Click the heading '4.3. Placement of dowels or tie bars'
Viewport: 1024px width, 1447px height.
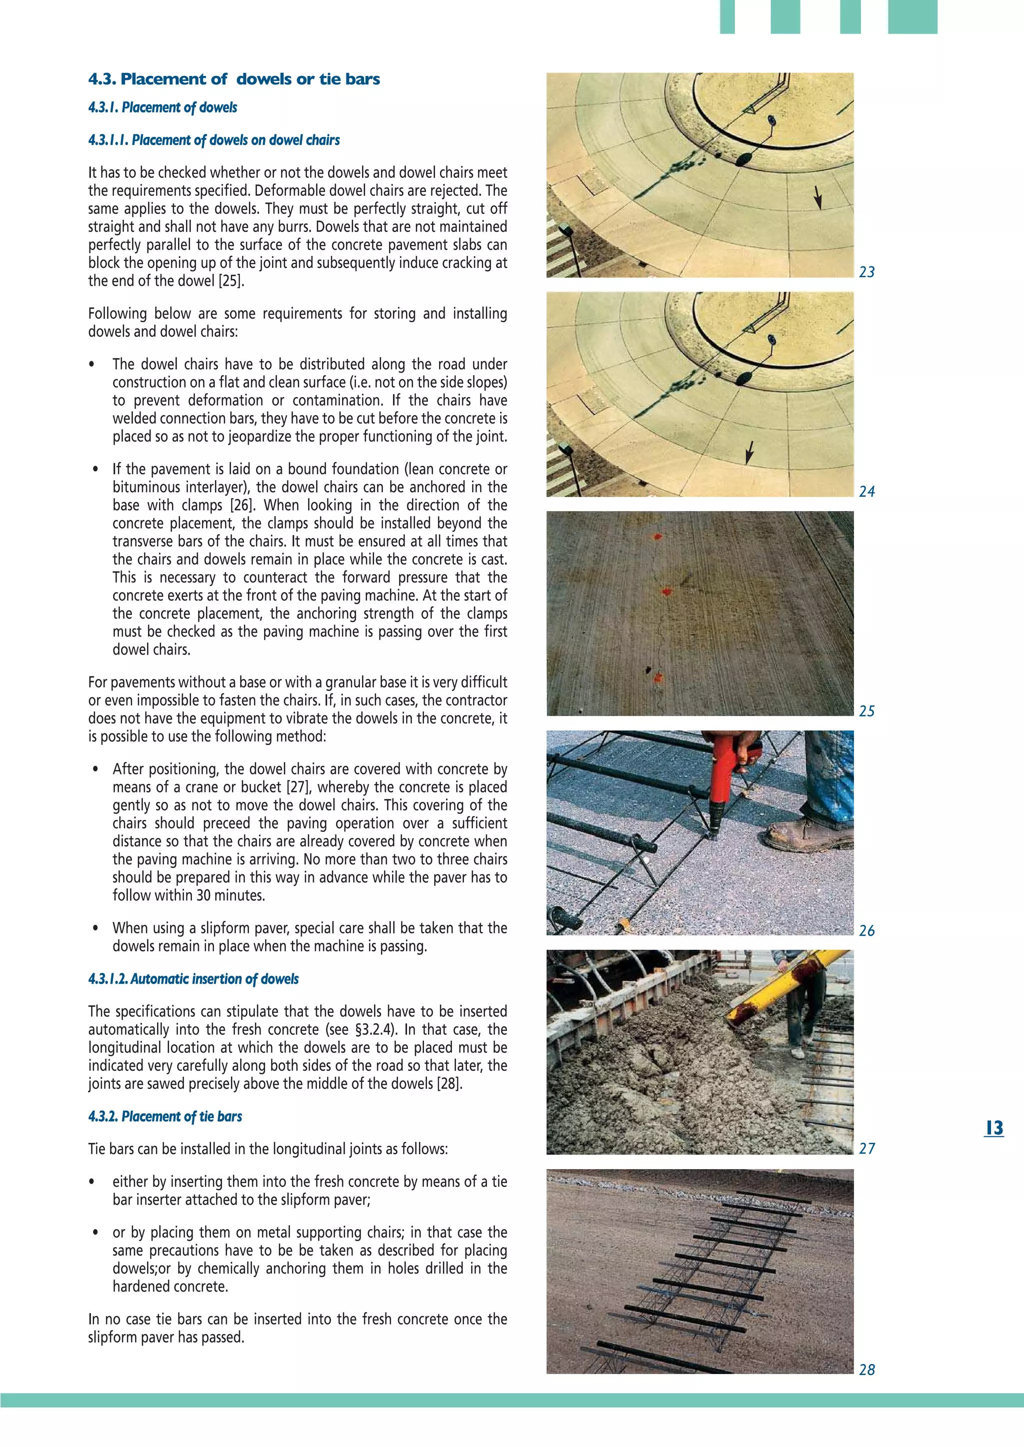[x=234, y=79]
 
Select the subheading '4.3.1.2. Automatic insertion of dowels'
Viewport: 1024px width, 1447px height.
[x=193, y=979]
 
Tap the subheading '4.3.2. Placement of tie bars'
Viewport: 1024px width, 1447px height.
[x=164, y=1116]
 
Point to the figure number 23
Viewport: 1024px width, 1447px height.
[x=866, y=272]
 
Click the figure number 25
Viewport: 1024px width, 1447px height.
[x=866, y=711]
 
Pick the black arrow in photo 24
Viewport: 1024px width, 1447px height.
[x=749, y=452]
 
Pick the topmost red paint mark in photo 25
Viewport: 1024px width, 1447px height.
[x=657, y=537]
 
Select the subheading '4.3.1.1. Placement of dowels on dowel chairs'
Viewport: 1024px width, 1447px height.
[x=214, y=140]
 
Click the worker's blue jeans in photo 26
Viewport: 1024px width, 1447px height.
[x=832, y=775]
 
